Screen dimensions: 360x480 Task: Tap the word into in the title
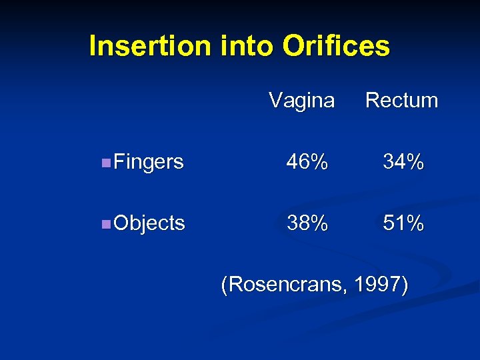[x=243, y=47]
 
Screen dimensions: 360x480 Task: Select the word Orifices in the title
[x=337, y=47]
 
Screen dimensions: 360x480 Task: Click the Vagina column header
[x=301, y=101]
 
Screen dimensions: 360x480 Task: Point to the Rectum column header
[x=402, y=101]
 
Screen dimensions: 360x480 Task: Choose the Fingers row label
[x=149, y=162]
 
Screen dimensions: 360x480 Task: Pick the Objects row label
[x=149, y=223]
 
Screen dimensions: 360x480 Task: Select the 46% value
[x=307, y=162]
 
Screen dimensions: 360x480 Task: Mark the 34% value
[x=403, y=162]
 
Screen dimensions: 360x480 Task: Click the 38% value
[x=307, y=223]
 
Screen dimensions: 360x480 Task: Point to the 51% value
[x=403, y=223]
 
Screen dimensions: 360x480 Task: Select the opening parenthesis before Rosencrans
[x=225, y=285]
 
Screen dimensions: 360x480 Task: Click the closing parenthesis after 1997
[x=404, y=285]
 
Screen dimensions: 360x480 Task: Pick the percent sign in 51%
[x=415, y=223]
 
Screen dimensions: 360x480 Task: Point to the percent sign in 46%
[x=319, y=162]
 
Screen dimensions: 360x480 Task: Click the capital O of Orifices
[x=293, y=47]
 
